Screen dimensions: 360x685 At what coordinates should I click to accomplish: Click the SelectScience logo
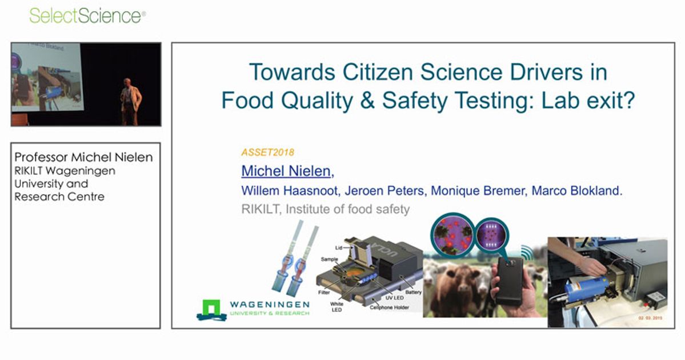[x=87, y=15]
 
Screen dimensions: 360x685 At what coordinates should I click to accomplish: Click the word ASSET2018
[x=268, y=153]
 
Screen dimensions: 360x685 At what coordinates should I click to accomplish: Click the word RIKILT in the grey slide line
[x=261, y=209]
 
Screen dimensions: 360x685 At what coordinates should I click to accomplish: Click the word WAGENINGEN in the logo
[x=270, y=305]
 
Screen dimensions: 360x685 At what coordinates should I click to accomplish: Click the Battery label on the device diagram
[x=412, y=292]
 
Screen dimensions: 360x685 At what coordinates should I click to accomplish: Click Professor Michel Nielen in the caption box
[x=83, y=158]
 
